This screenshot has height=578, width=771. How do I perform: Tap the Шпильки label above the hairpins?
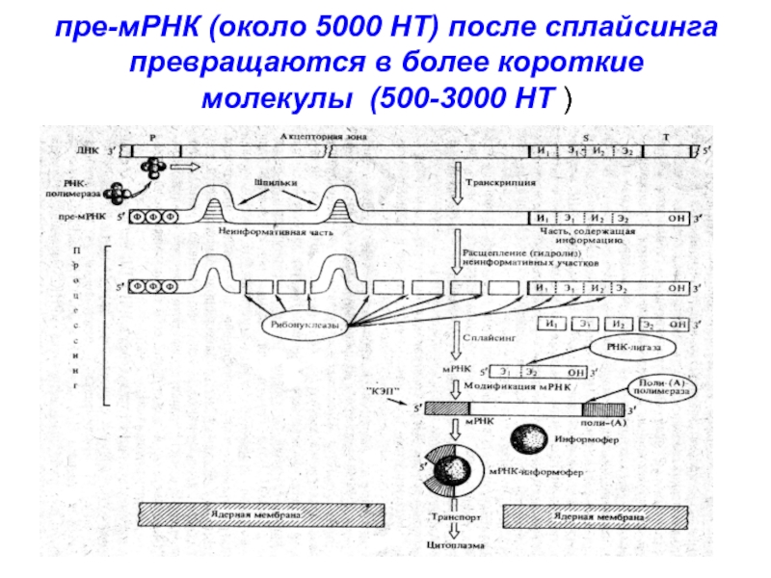tap(276, 181)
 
